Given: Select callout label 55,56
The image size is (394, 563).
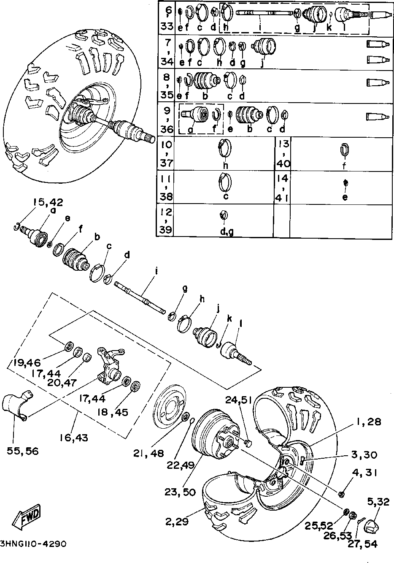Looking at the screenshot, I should [x=22, y=451].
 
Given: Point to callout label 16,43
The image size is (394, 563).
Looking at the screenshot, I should [x=73, y=438].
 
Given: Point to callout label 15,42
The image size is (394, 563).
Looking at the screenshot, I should [x=48, y=202].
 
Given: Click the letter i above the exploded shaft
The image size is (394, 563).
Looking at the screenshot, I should [x=156, y=271].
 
